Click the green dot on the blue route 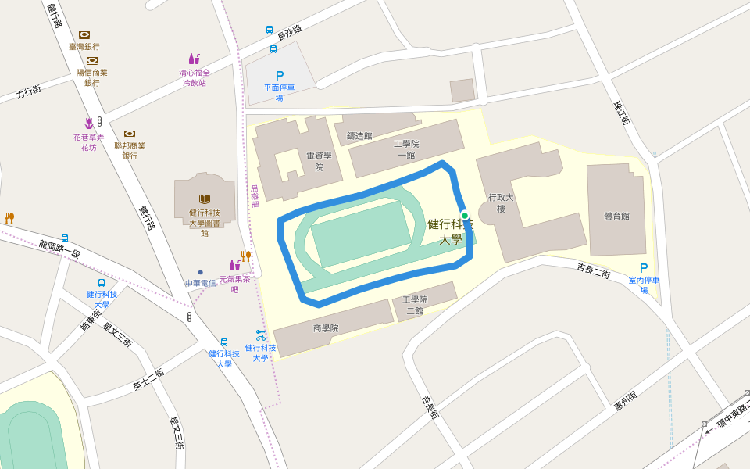[465, 216]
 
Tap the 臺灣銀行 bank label [84, 47]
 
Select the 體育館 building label [616, 216]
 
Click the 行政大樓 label [497, 203]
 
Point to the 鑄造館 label [359, 135]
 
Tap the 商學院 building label [326, 328]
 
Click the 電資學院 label [319, 161]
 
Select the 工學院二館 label [414, 305]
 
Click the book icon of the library [205, 199]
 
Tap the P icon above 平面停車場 [280, 76]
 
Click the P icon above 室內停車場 [644, 268]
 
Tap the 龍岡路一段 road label [59, 249]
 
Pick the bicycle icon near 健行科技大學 [261, 335]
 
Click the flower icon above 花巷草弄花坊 [88, 123]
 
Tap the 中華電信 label [201, 282]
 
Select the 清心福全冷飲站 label [195, 77]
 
